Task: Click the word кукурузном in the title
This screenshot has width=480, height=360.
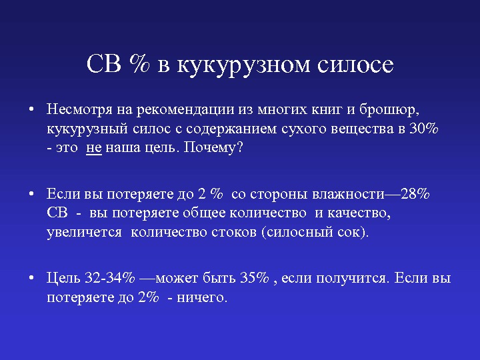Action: click(243, 66)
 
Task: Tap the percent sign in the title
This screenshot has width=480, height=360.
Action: click(139, 64)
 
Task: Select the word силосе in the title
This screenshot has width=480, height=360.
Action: click(355, 65)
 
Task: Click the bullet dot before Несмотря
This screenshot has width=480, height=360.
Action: click(31, 109)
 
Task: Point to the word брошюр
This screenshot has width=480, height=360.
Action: click(389, 110)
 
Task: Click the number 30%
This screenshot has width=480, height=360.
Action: click(424, 129)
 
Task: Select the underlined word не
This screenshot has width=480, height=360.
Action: click(94, 148)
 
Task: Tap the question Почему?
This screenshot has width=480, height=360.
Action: click(213, 148)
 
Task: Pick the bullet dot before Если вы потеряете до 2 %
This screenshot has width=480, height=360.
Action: click(31, 194)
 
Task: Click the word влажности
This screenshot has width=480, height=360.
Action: click(348, 195)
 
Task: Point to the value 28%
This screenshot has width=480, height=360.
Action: click(415, 194)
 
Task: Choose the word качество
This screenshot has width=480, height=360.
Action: click(359, 213)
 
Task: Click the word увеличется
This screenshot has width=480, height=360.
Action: click(84, 233)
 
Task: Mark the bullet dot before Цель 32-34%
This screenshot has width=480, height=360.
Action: click(31, 278)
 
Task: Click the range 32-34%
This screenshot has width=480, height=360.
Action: click(109, 278)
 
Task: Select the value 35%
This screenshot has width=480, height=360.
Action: click(255, 278)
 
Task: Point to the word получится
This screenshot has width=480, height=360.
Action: click(353, 279)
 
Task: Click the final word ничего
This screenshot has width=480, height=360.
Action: click(202, 297)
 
